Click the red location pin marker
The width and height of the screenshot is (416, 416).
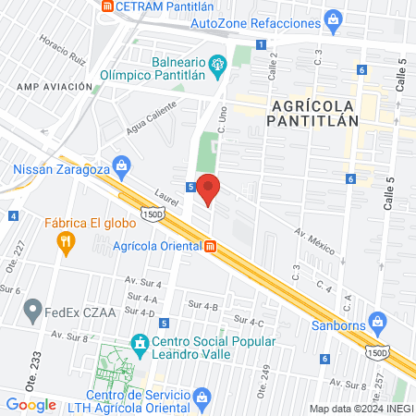pos(209,189)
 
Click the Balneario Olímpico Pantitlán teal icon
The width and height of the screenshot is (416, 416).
pos(218,65)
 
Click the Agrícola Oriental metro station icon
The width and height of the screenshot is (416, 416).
pos(211,247)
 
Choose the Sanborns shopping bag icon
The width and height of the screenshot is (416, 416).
pos(376,322)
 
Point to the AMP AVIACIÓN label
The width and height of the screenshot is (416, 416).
pos(55,86)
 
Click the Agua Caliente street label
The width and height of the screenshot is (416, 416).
pos(151,118)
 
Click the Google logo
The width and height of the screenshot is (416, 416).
pos(31,404)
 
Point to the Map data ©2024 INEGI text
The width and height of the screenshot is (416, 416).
pos(361,409)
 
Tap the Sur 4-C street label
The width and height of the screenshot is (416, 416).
pos(250,322)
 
